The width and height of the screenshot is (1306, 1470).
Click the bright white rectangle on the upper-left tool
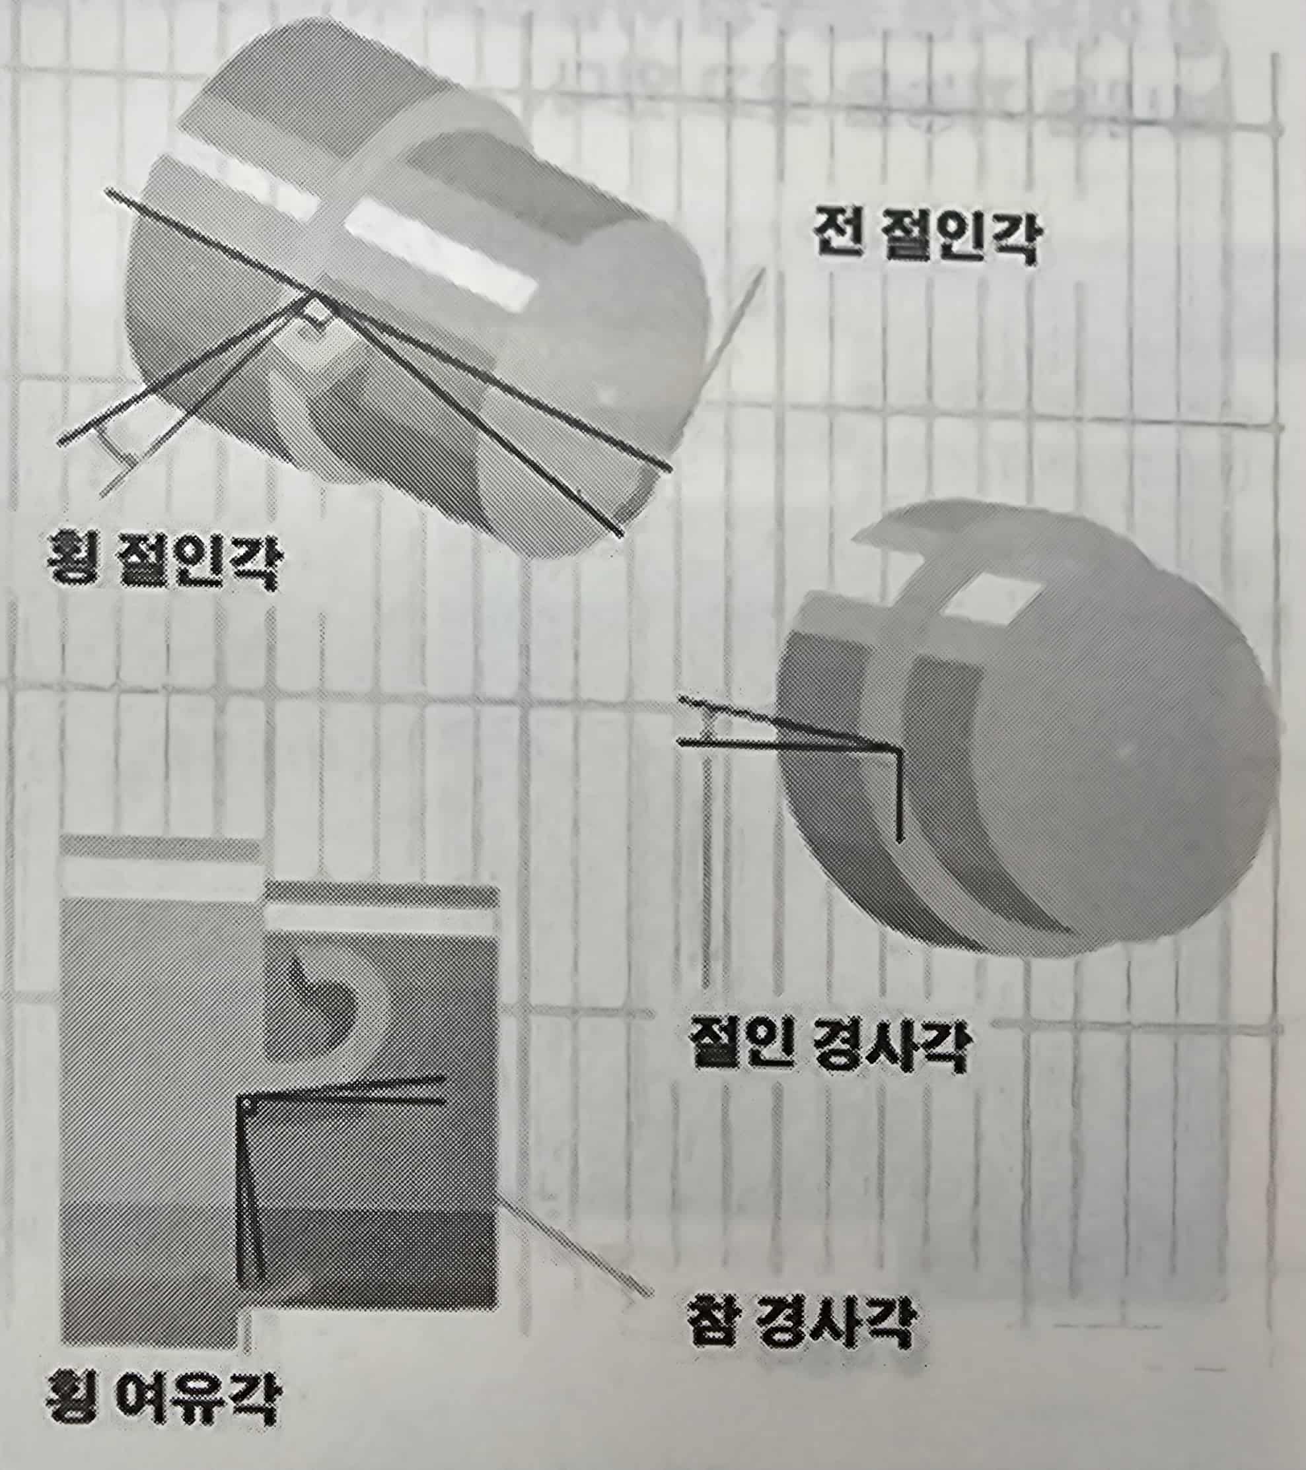pyautogui.click(x=439, y=256)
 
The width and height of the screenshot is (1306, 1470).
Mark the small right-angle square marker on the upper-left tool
pyautogui.click(x=317, y=315)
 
